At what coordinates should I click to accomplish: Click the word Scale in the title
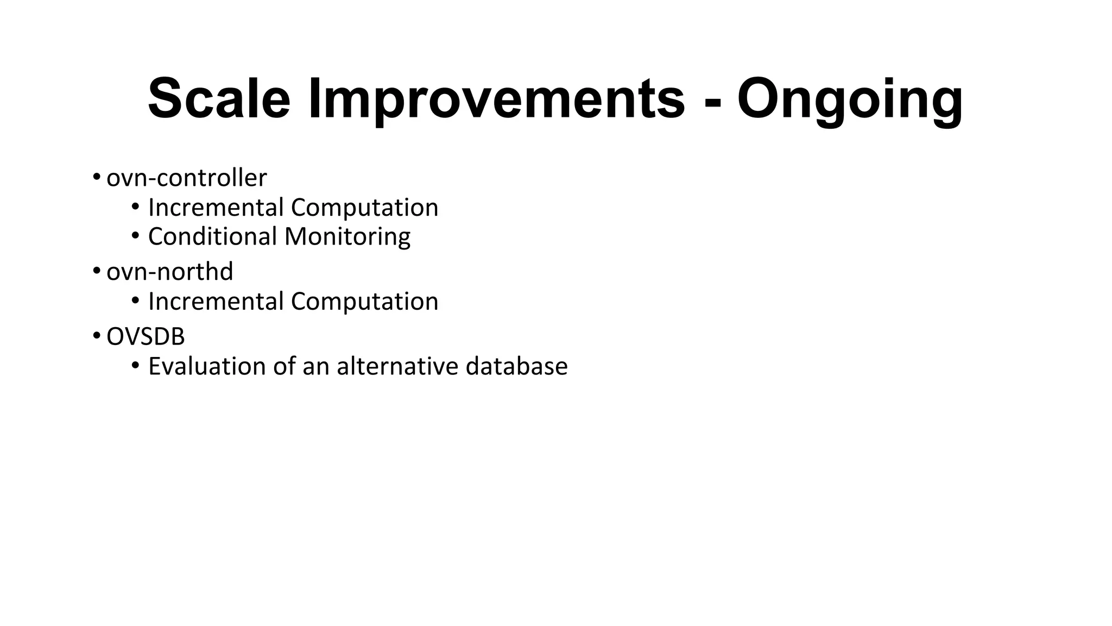pos(219,99)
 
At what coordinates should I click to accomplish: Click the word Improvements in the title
pos(497,99)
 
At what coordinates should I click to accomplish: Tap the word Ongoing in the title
pos(850,99)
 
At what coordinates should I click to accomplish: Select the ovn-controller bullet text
pos(186,178)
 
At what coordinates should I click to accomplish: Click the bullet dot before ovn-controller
pos(96,177)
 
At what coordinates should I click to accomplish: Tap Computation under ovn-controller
pos(364,208)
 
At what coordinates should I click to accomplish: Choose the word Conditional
pos(212,237)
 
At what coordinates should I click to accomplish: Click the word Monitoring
pos(347,237)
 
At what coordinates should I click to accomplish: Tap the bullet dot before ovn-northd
pos(96,270)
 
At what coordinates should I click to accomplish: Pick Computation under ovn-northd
pos(364,302)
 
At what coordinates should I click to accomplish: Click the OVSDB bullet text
pos(146,337)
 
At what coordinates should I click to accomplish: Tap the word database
pos(516,366)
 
